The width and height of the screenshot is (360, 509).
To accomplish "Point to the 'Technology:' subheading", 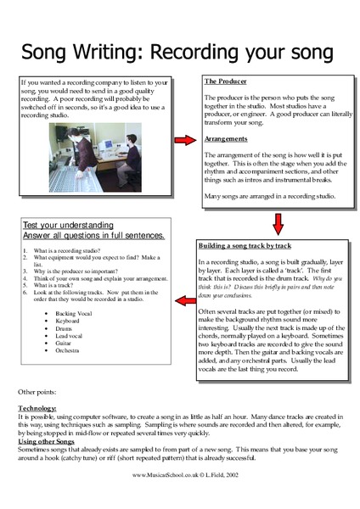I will [x=37, y=409].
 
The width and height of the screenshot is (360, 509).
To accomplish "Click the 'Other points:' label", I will [x=39, y=393].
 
